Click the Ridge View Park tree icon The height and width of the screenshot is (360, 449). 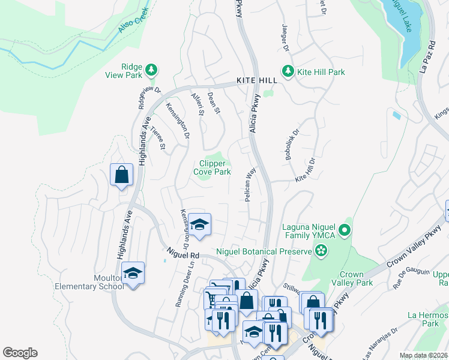pos(152,70)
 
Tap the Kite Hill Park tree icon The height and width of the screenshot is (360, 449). pos(288,71)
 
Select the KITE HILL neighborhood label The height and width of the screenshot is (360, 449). pos(257,80)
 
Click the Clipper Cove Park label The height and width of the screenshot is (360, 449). pos(212,167)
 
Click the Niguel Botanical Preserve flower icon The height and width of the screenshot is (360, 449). pos(323,250)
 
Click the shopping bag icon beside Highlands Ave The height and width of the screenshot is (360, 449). pos(121,175)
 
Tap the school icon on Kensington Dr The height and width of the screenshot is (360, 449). pos(200,224)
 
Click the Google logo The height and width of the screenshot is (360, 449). pos(20,353)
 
